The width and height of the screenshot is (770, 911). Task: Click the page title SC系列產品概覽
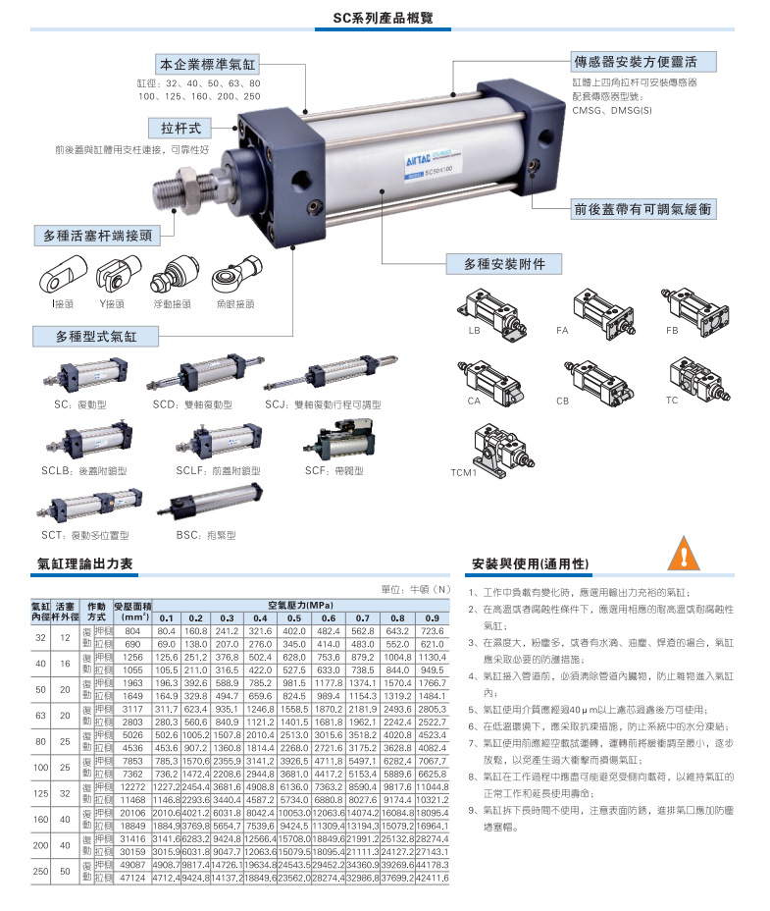coord(385,19)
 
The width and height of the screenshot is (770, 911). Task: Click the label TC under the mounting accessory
coord(672,401)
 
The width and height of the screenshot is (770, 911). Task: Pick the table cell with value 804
coord(131,630)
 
